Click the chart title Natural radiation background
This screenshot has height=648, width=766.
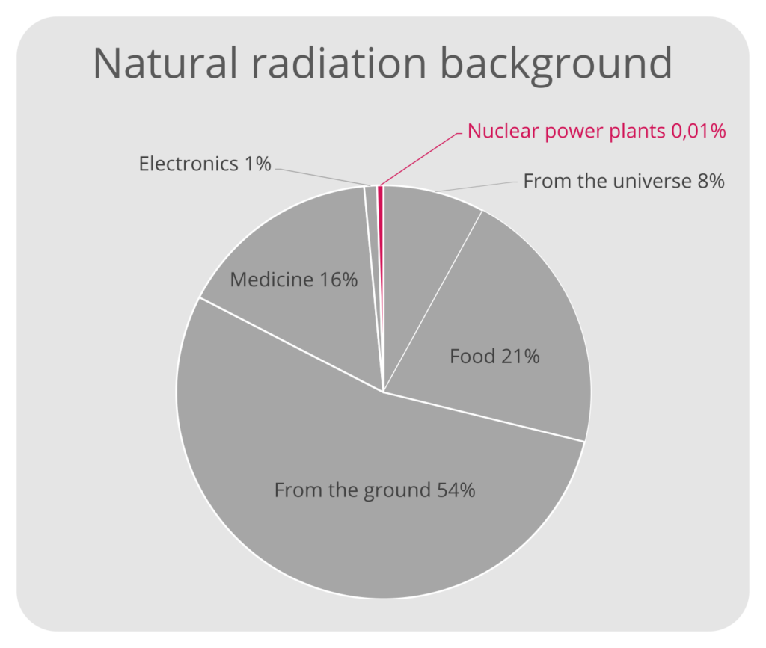pyautogui.click(x=382, y=64)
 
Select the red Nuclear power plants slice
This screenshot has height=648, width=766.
pyautogui.click(x=381, y=288)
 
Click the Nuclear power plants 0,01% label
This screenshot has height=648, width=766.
pyautogui.click(x=596, y=132)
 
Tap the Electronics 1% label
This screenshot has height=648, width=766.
pyautogui.click(x=205, y=164)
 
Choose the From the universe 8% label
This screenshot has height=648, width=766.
pyautogui.click(x=624, y=181)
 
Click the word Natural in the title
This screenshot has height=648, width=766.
pyautogui.click(x=165, y=64)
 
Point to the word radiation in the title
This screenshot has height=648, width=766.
pyautogui.click(x=339, y=64)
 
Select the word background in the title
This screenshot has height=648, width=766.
pyautogui.click(x=557, y=64)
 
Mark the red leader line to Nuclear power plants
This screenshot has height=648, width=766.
pyautogui.click(x=420, y=158)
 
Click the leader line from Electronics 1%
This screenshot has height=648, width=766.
pyautogui.click(x=322, y=177)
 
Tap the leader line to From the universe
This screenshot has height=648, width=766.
pyautogui.click(x=476, y=186)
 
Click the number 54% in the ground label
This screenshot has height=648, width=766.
pyautogui.click(x=456, y=490)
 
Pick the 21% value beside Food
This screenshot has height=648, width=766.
pyautogui.click(x=521, y=357)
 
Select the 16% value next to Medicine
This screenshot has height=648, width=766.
pyautogui.click(x=339, y=280)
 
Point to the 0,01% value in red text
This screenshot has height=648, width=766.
pyautogui.click(x=699, y=132)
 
